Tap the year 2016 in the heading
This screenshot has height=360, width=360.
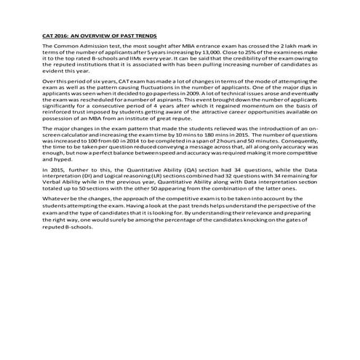click(x=60, y=35)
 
